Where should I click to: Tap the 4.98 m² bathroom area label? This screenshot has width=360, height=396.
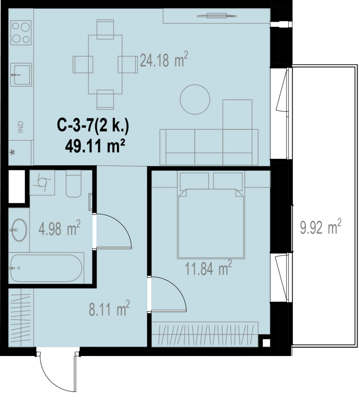60,228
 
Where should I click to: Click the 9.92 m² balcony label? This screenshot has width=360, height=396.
321,226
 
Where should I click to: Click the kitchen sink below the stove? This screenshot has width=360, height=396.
21,75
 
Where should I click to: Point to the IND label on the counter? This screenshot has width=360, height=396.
21,127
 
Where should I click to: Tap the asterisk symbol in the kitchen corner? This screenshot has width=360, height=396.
12,153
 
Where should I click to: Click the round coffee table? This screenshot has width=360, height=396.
195,99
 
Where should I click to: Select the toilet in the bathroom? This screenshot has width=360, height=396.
73,183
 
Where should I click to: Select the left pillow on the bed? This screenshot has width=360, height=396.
194,181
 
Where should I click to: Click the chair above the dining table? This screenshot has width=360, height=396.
105,29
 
